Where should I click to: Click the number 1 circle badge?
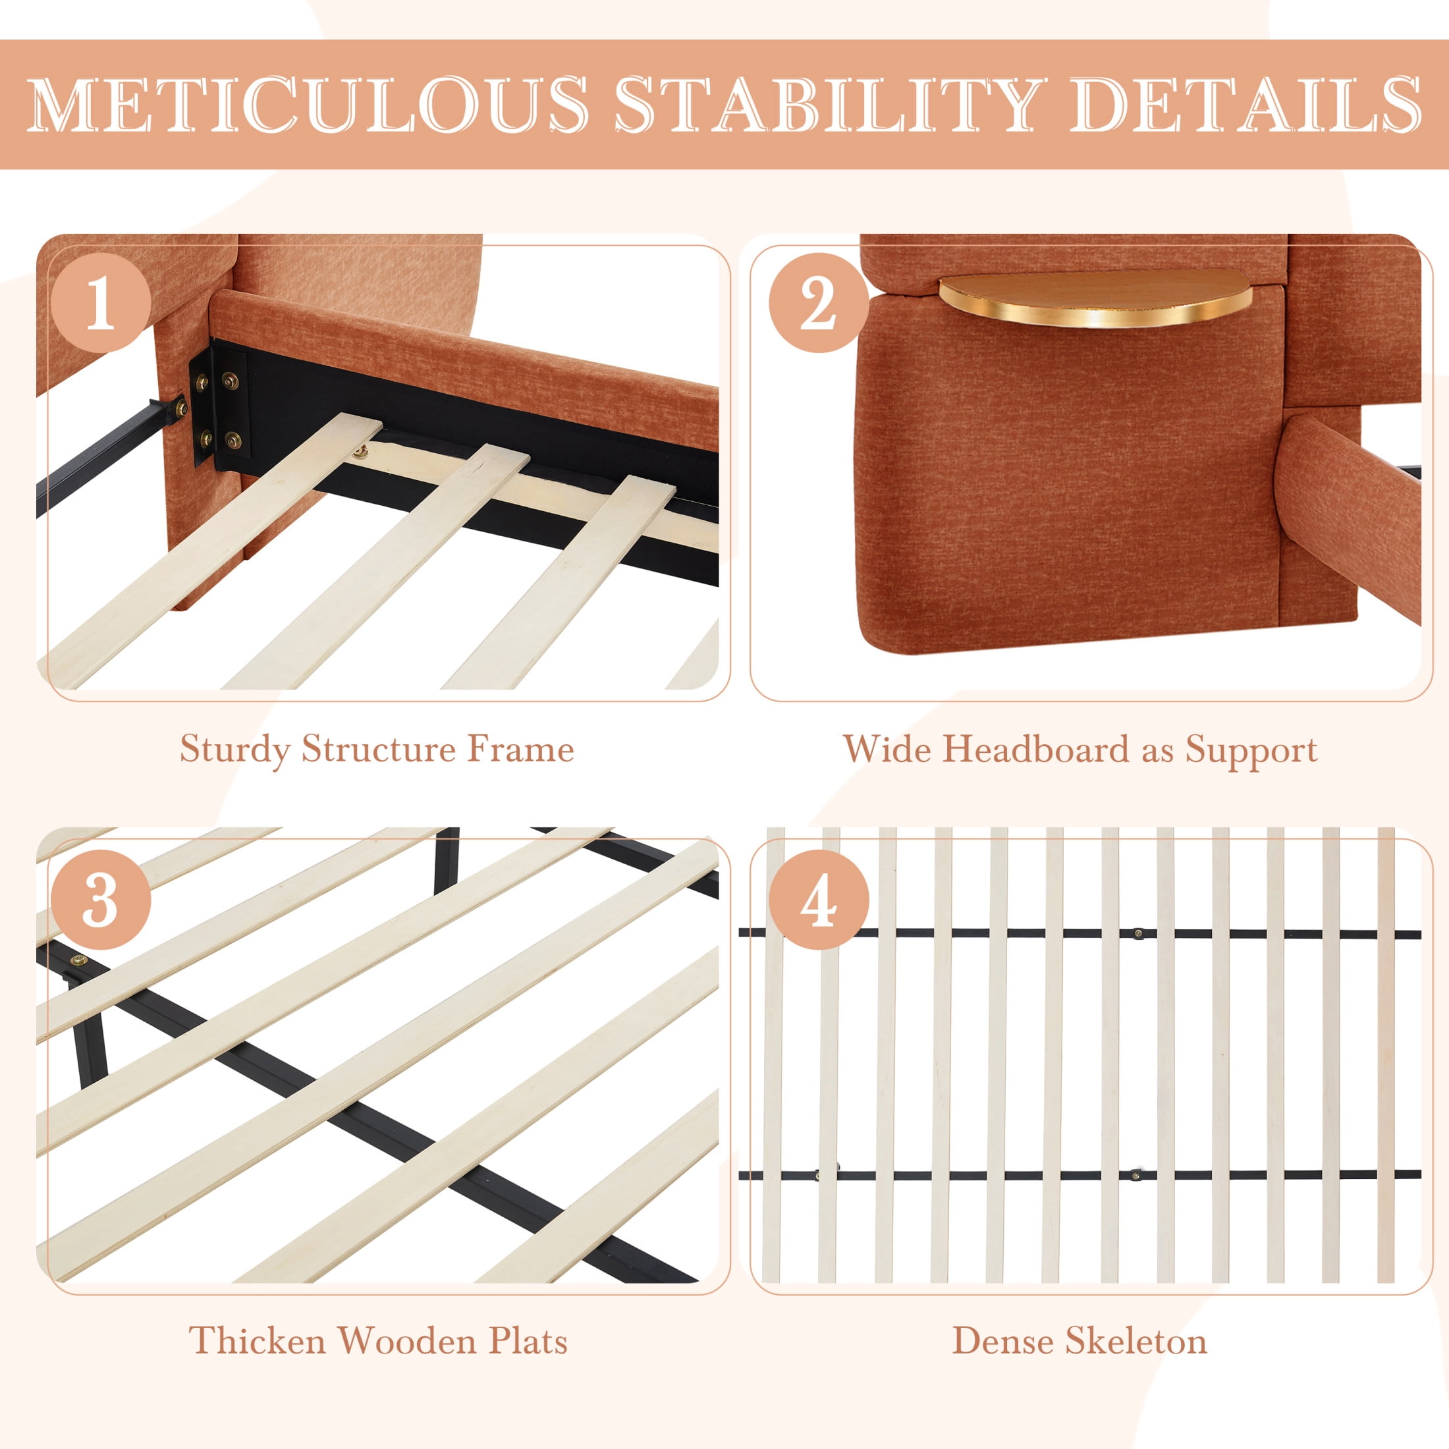(101, 303)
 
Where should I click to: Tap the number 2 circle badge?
(818, 303)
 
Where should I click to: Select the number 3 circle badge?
(101, 901)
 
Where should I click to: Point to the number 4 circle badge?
(818, 901)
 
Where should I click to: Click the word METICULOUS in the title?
(308, 104)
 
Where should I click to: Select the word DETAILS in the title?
(1245, 104)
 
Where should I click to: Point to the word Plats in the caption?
(528, 1341)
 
